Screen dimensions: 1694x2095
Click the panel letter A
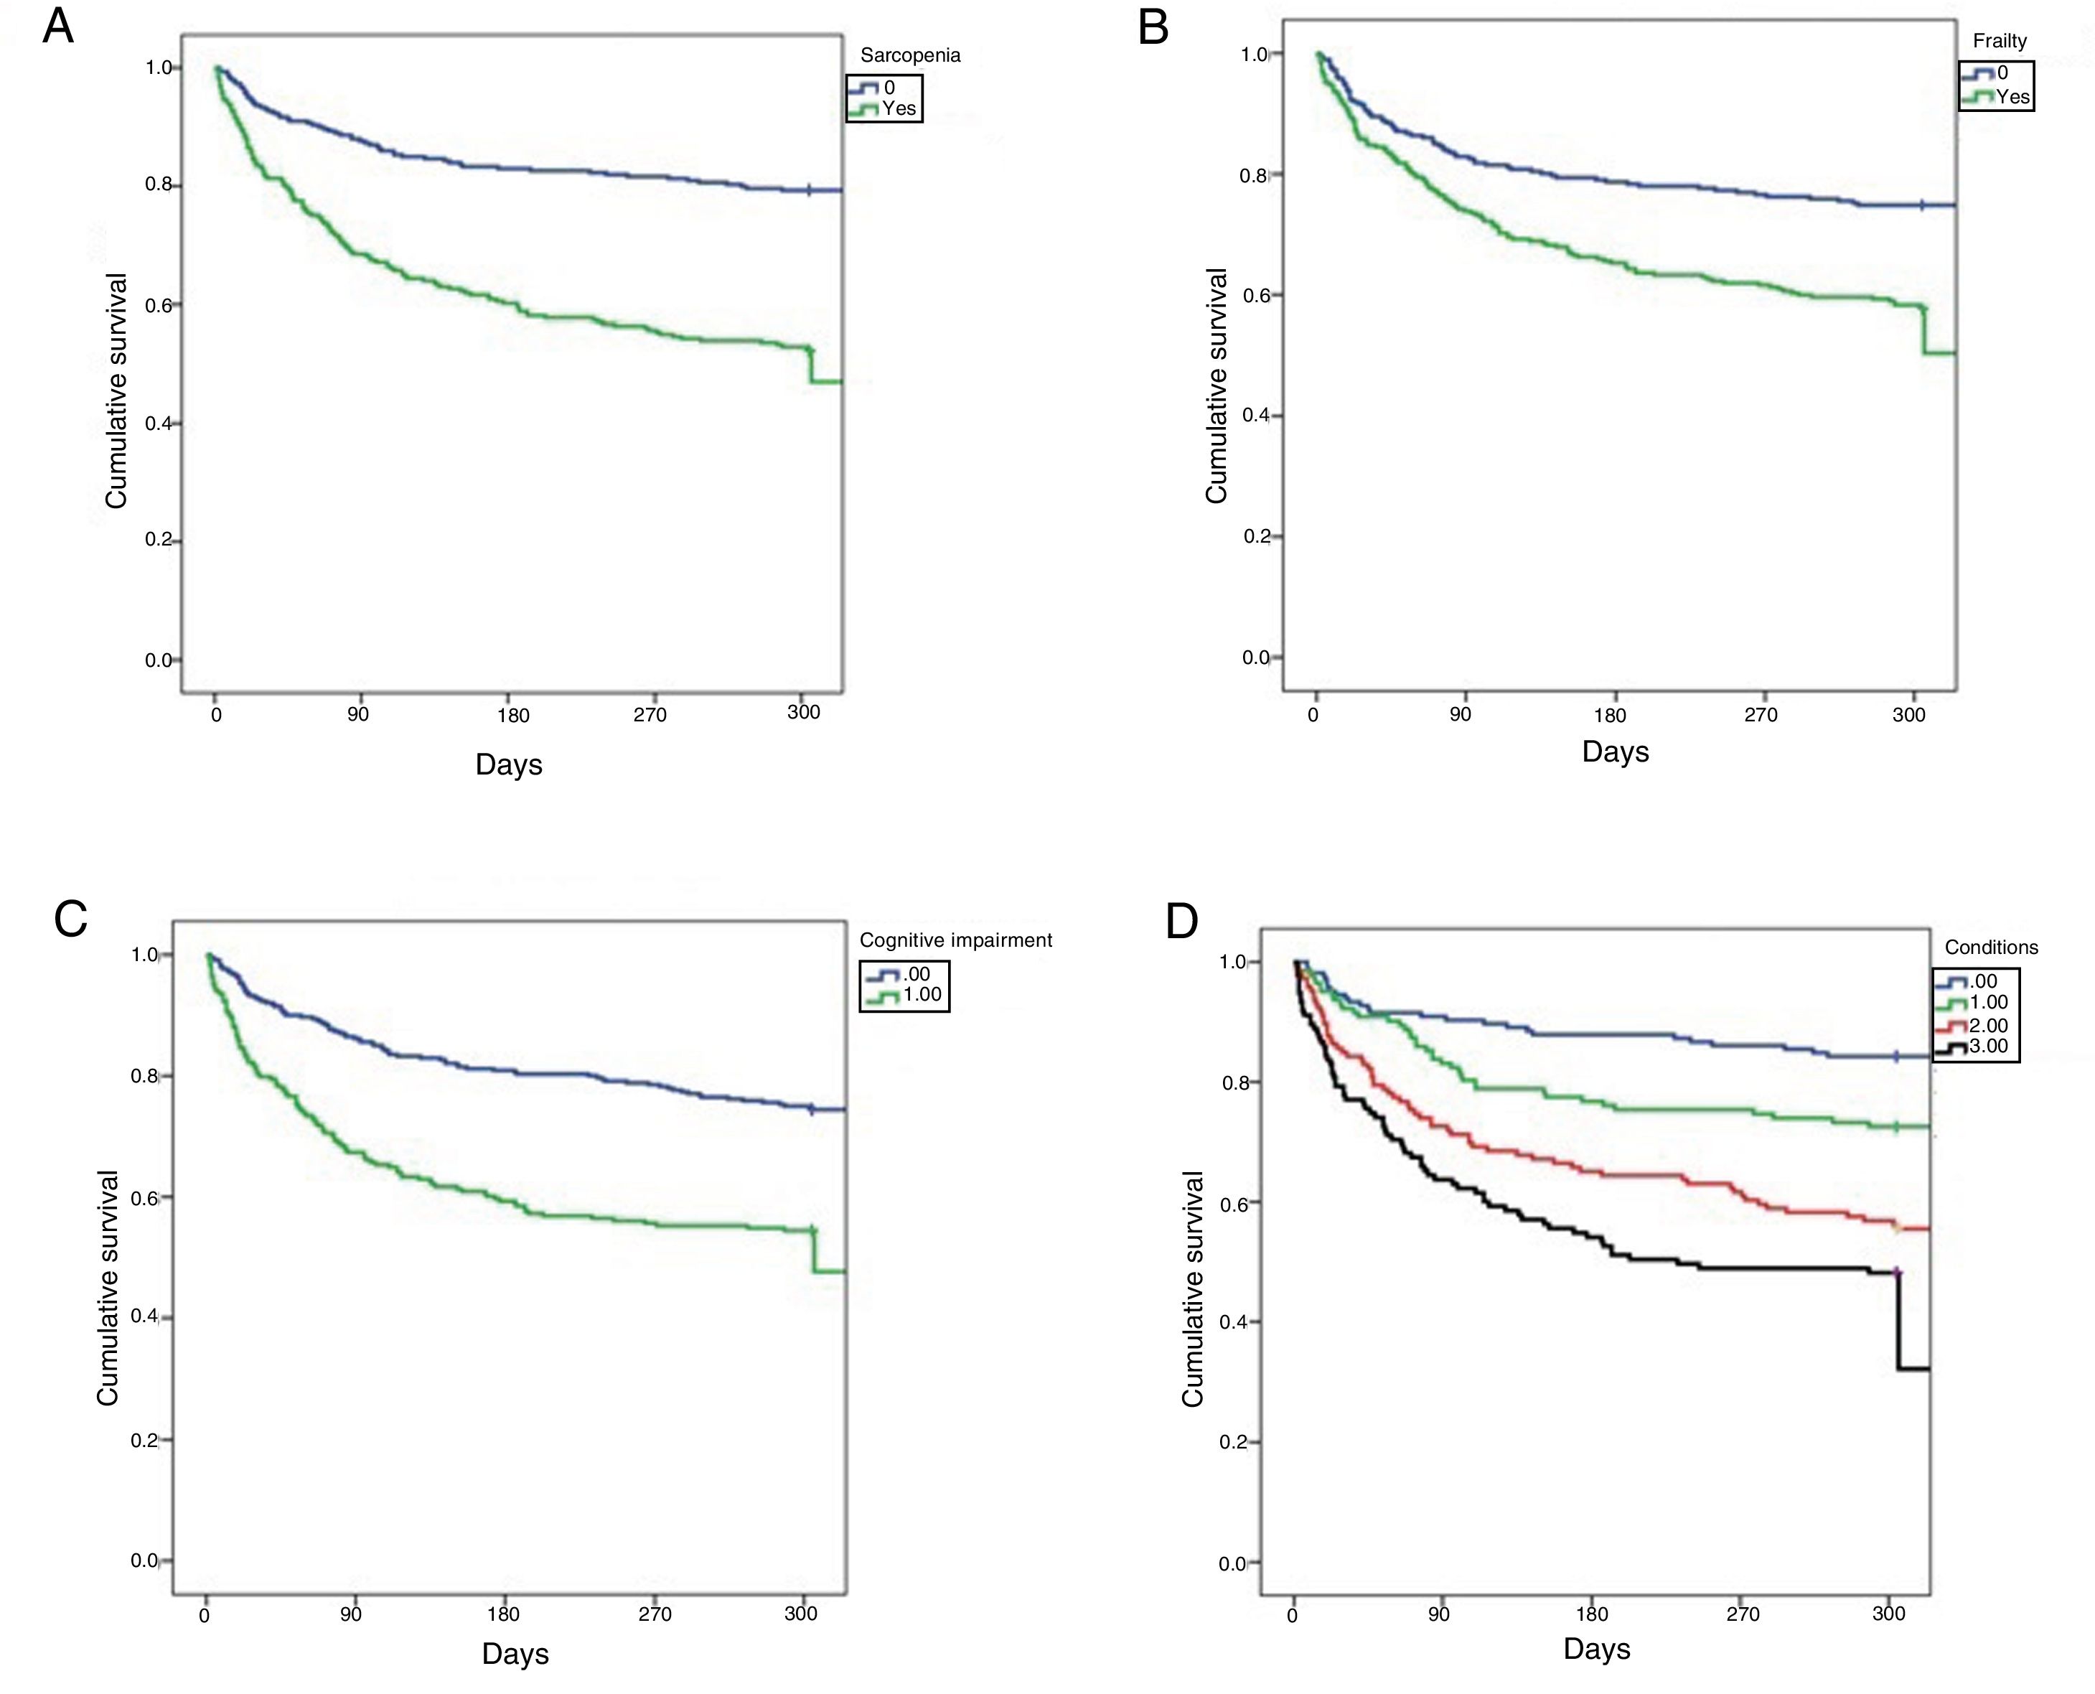[59, 27]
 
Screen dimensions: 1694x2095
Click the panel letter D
[1181, 921]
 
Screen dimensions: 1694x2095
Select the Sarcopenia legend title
[909, 55]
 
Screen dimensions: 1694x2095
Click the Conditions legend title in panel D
[1991, 947]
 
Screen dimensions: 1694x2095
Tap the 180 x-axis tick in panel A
[512, 715]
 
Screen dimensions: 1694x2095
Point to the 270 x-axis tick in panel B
[1761, 714]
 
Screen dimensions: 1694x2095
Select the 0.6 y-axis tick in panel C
[144, 1198]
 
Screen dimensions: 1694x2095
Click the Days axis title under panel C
[515, 1653]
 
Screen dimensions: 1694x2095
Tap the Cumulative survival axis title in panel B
[1216, 386]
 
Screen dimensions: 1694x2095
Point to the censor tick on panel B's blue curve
[1921, 205]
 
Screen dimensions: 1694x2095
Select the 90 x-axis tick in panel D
[1438, 1614]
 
